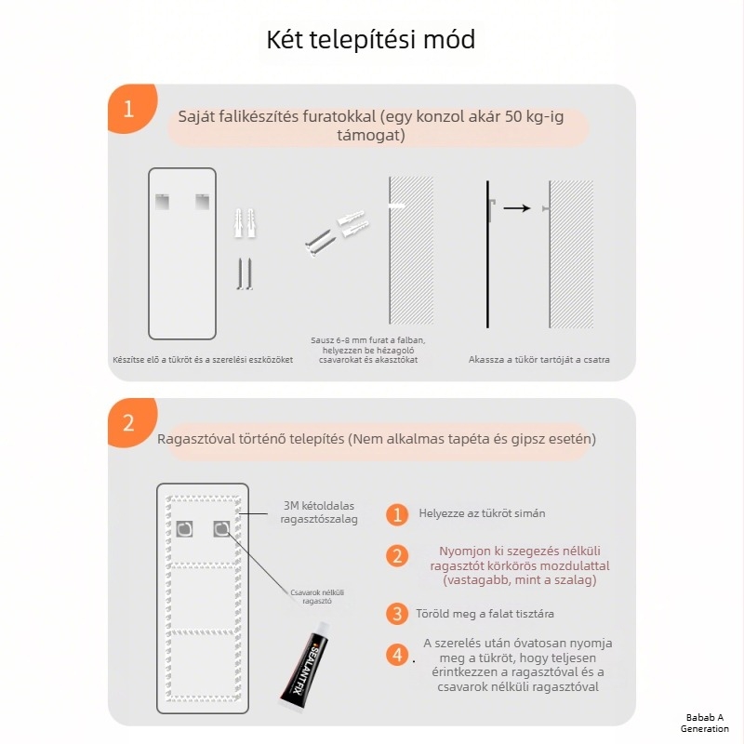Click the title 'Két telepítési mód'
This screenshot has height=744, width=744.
pos(371,40)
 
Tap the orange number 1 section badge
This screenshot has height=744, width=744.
pos(128,109)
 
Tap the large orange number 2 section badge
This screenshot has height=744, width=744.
pos(128,423)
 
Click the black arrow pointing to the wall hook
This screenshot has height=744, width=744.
pos(516,208)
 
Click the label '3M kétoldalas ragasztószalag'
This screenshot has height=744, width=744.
pos(320,512)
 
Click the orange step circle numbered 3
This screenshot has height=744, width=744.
pos(397,614)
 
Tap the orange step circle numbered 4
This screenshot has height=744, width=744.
pos(397,655)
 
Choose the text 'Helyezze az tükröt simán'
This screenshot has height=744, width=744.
pos(482,513)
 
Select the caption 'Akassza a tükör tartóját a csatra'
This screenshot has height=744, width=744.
pos(539,359)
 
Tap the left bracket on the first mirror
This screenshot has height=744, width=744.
pos(163,199)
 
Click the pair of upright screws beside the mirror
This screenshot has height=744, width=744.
pos(244,273)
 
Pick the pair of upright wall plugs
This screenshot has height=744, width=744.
pos(244,223)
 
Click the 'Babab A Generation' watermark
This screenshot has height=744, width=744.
pos(705,723)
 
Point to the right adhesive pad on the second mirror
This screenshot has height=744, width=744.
pos(221,529)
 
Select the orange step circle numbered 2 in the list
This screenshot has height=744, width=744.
pos(397,556)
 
